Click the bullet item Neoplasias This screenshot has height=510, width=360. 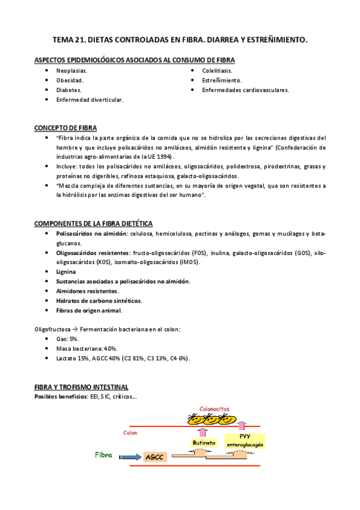72,70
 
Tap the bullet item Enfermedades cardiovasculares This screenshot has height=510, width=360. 245,90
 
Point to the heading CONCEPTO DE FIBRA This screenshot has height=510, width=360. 66,128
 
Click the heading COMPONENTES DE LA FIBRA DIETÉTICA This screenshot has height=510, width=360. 93,223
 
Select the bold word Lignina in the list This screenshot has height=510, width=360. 66,271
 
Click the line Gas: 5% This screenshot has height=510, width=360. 67,339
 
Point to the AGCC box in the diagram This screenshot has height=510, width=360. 153,458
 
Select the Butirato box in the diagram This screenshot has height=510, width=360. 203,442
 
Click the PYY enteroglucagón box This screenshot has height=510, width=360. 245,440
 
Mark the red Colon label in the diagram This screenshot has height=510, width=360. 129,432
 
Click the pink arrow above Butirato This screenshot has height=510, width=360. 202,431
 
